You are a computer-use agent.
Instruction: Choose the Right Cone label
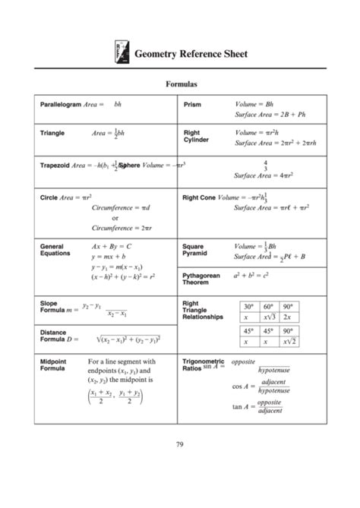pyautogui.click(x=199, y=197)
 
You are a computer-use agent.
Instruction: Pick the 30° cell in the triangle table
pyautogui.click(x=248, y=307)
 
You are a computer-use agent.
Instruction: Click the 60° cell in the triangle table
pyautogui.click(x=268, y=307)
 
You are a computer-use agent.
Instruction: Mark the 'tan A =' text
pyautogui.click(x=242, y=406)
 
